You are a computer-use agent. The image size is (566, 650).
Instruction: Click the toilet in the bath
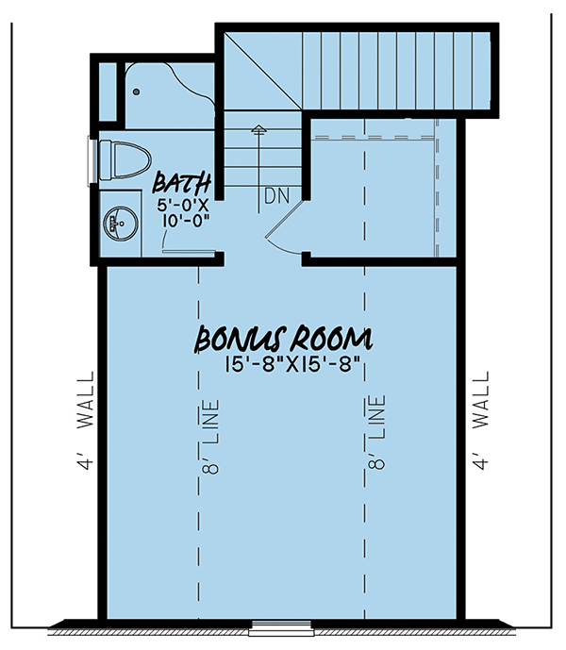[x=125, y=160]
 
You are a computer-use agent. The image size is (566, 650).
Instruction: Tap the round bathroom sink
[x=120, y=224]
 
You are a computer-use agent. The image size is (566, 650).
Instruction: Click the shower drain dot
[x=136, y=92]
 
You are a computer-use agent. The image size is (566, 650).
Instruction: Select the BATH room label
[x=182, y=184]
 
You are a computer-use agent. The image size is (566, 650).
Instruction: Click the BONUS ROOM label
[x=284, y=339]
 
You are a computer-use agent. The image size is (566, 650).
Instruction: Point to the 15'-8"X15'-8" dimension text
[x=291, y=365]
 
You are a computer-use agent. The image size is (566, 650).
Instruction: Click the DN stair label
[x=277, y=196]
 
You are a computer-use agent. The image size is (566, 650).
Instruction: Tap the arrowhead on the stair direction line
[x=259, y=129]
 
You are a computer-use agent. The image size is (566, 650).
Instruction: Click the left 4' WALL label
[x=86, y=421]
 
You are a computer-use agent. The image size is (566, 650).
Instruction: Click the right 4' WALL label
[x=481, y=421]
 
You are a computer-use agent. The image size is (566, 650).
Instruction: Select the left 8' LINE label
[x=210, y=437]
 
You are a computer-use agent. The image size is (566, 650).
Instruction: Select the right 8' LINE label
[x=376, y=432]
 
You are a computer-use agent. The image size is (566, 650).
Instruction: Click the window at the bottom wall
[x=282, y=627]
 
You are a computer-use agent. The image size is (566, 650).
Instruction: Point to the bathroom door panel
[x=189, y=251]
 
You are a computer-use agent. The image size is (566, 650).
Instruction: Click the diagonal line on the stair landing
[x=262, y=72]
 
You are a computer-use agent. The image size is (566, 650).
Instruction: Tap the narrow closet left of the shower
[x=108, y=92]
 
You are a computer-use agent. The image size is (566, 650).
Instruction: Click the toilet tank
[x=106, y=160]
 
